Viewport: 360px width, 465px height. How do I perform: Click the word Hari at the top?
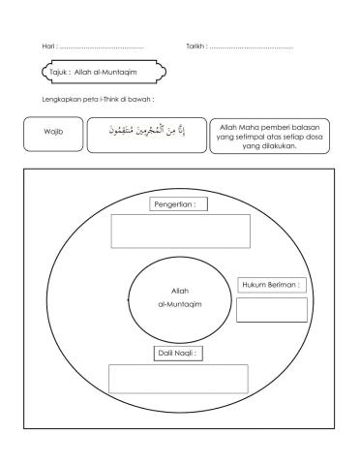48,46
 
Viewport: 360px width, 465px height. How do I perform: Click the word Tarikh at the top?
195,46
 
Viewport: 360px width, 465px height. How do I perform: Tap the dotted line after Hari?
101,47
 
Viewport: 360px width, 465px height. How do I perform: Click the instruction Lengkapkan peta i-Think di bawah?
98,99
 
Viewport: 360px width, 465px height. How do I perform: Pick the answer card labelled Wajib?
53,133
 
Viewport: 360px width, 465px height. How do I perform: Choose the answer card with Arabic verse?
145,134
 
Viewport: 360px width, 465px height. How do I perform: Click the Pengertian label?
180,204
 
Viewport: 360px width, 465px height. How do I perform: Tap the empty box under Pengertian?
180,231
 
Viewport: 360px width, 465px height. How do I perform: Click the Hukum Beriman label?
272,285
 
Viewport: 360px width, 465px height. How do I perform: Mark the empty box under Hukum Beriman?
272,309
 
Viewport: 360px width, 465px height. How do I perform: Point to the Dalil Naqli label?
179,354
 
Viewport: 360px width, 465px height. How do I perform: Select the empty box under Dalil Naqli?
178,379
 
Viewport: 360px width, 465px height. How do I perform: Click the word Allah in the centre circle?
179,291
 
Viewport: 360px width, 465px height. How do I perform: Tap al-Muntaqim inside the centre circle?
179,304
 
